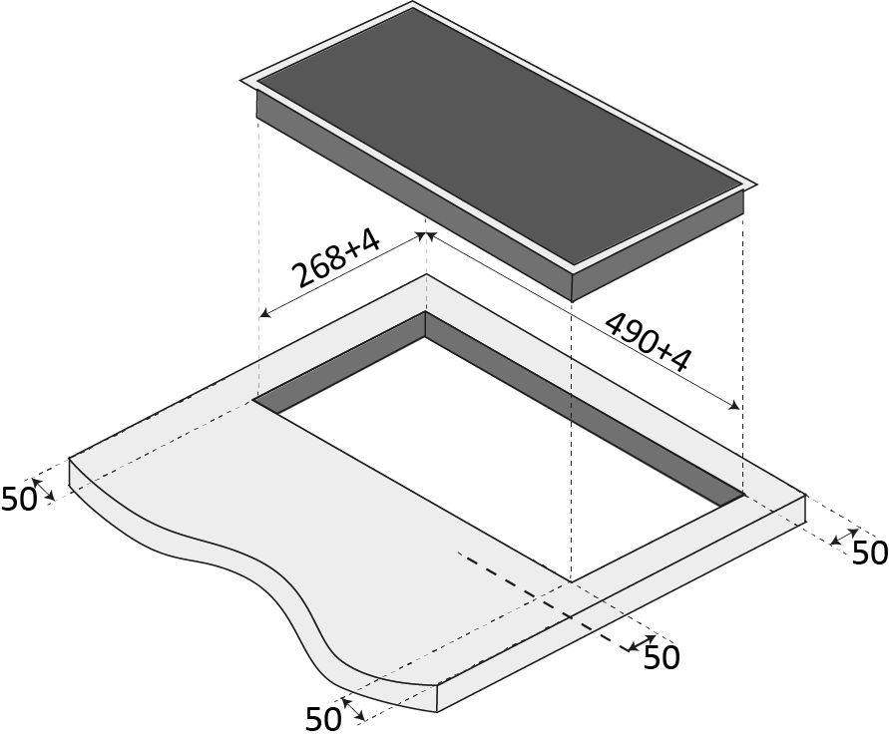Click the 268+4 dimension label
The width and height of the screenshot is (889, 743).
335,258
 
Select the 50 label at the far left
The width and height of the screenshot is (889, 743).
19,500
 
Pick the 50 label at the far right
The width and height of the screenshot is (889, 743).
870,553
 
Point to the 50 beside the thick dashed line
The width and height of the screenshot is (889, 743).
662,658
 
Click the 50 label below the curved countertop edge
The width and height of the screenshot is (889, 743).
323,719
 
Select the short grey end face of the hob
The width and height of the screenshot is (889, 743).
658,244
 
